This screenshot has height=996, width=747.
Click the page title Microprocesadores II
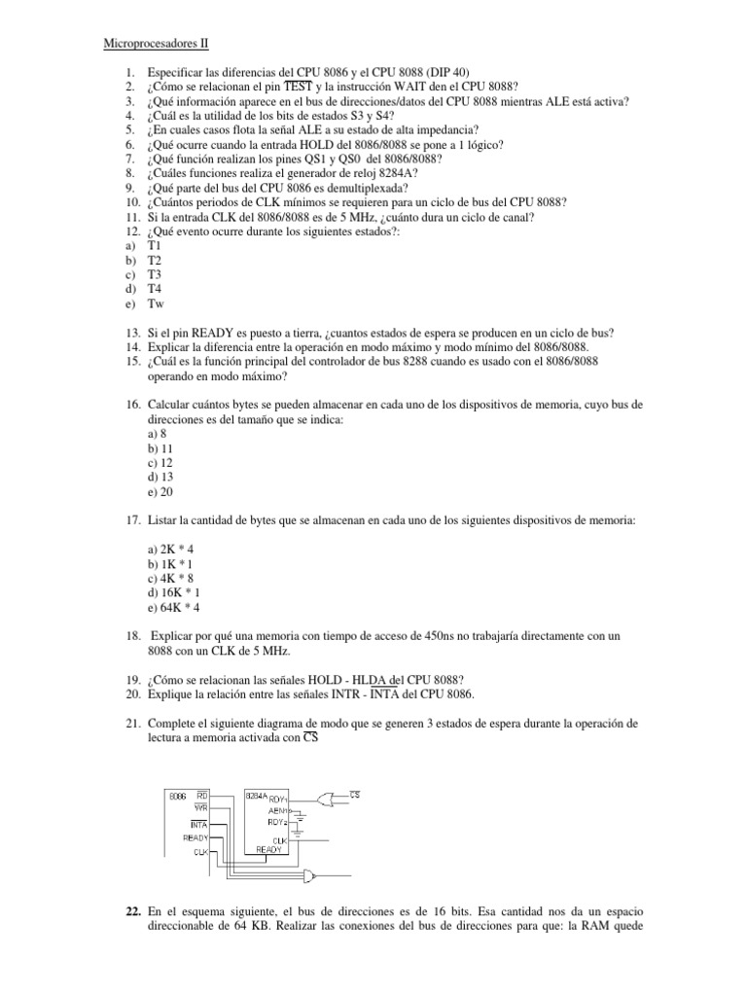point(156,44)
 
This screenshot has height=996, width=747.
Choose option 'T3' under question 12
point(155,275)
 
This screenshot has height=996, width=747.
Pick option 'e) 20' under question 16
point(158,493)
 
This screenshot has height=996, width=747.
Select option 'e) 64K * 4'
point(174,606)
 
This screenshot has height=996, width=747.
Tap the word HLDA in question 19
point(370,679)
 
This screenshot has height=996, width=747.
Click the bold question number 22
point(134,910)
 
